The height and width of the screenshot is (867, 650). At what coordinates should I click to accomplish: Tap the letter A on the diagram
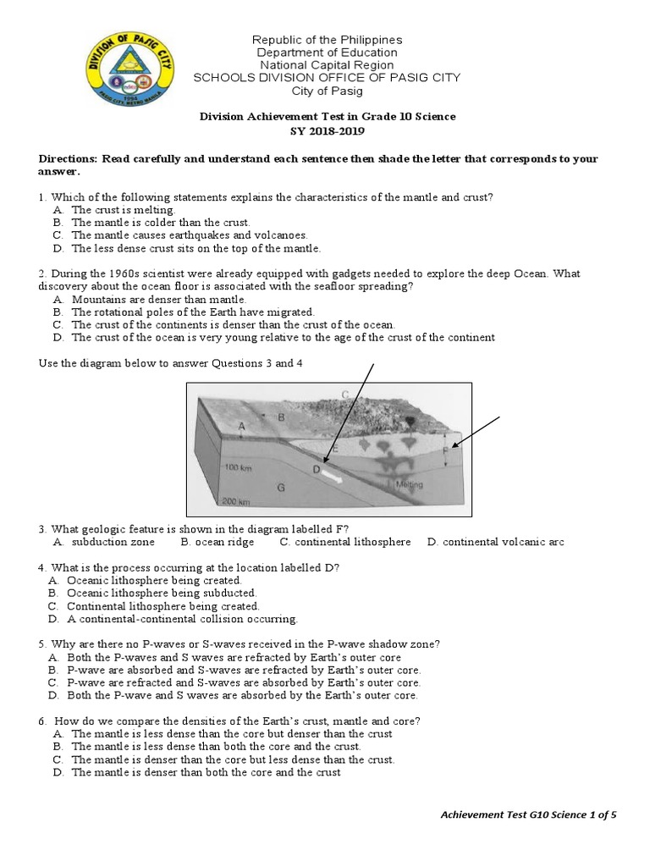coord(242,427)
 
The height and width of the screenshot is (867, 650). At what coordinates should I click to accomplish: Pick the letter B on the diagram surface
coord(281,417)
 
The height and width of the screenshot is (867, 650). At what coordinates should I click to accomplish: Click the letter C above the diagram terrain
coord(344,394)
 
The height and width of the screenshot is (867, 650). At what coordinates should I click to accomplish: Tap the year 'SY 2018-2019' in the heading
coord(327,130)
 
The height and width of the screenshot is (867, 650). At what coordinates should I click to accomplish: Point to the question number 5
coord(42,644)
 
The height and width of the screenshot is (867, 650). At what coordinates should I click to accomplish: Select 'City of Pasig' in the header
coord(327,91)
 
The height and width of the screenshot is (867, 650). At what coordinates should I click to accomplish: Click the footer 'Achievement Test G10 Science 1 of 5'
coord(529,815)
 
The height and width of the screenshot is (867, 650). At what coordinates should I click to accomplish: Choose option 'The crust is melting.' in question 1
coord(123,209)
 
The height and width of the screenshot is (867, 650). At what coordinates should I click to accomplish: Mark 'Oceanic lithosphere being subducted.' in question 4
coord(161,594)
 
